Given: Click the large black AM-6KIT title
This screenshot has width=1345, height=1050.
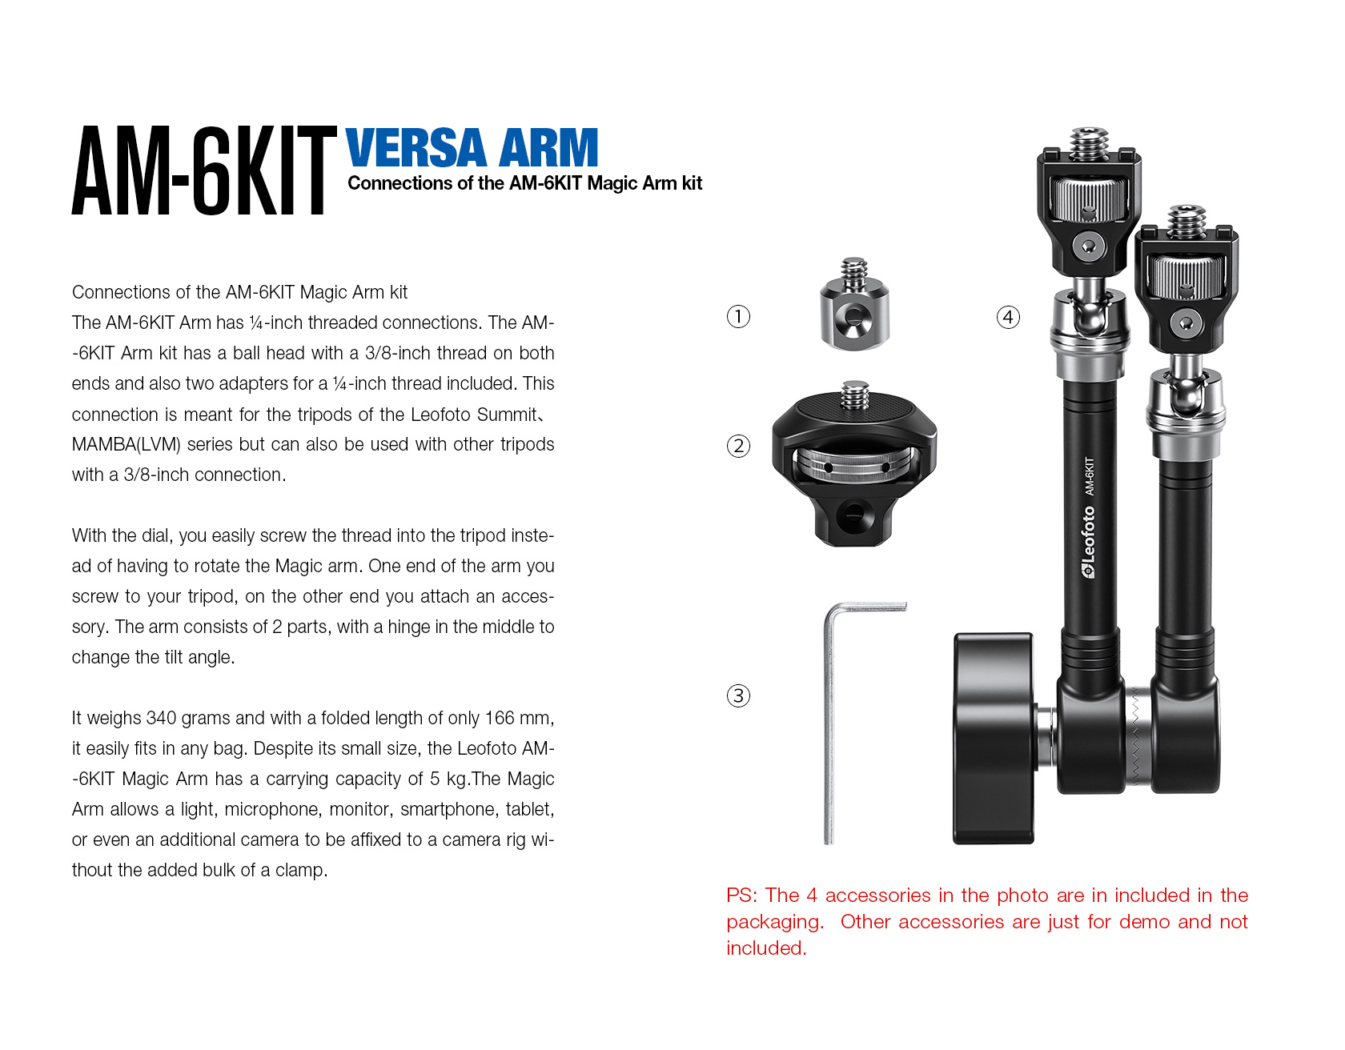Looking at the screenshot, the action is coord(204,170).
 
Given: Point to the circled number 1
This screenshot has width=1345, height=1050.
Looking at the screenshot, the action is coord(738,317).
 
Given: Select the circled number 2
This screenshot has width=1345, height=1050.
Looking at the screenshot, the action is coord(738,446).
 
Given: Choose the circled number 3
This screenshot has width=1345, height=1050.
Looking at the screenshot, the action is coord(738,695).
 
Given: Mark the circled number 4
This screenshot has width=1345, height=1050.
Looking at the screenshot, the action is coord(1008,317).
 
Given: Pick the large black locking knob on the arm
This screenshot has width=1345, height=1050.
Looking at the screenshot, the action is coord(994,738).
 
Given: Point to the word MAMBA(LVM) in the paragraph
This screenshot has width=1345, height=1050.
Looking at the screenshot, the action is coord(126,445).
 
